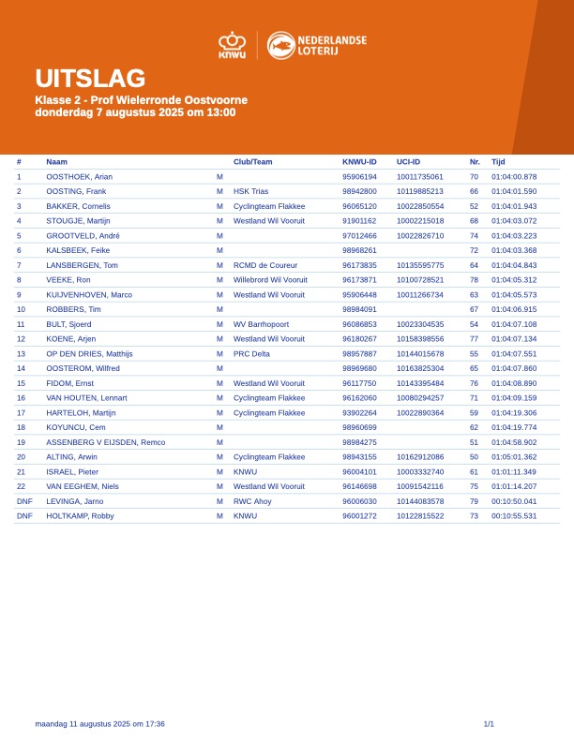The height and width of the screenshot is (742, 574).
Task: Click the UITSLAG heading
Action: point(90,79)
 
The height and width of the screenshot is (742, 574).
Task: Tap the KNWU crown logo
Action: point(232,45)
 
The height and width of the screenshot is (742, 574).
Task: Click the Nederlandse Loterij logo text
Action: point(331,45)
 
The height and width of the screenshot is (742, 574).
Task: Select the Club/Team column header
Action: point(252,162)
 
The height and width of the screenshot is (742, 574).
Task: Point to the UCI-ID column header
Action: point(408,162)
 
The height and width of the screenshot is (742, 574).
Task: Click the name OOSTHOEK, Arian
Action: point(79,176)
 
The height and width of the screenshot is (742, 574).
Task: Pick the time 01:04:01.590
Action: point(514,191)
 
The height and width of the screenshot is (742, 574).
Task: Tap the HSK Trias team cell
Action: point(250,191)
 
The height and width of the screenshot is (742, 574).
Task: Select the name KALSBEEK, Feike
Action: point(78,250)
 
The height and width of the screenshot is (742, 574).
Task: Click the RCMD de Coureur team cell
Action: point(265,265)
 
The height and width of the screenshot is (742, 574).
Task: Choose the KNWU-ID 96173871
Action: point(359,280)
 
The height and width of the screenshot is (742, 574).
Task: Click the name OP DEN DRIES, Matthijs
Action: point(89,354)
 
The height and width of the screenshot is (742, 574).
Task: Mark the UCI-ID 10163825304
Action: point(420,368)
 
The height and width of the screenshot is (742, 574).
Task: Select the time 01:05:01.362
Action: point(514,457)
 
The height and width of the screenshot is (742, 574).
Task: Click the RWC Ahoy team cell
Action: point(253,501)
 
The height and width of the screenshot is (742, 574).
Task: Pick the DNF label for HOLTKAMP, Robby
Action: point(24,516)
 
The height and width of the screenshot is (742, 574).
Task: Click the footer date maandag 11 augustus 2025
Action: point(99,723)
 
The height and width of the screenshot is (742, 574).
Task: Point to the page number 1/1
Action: point(489,723)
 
